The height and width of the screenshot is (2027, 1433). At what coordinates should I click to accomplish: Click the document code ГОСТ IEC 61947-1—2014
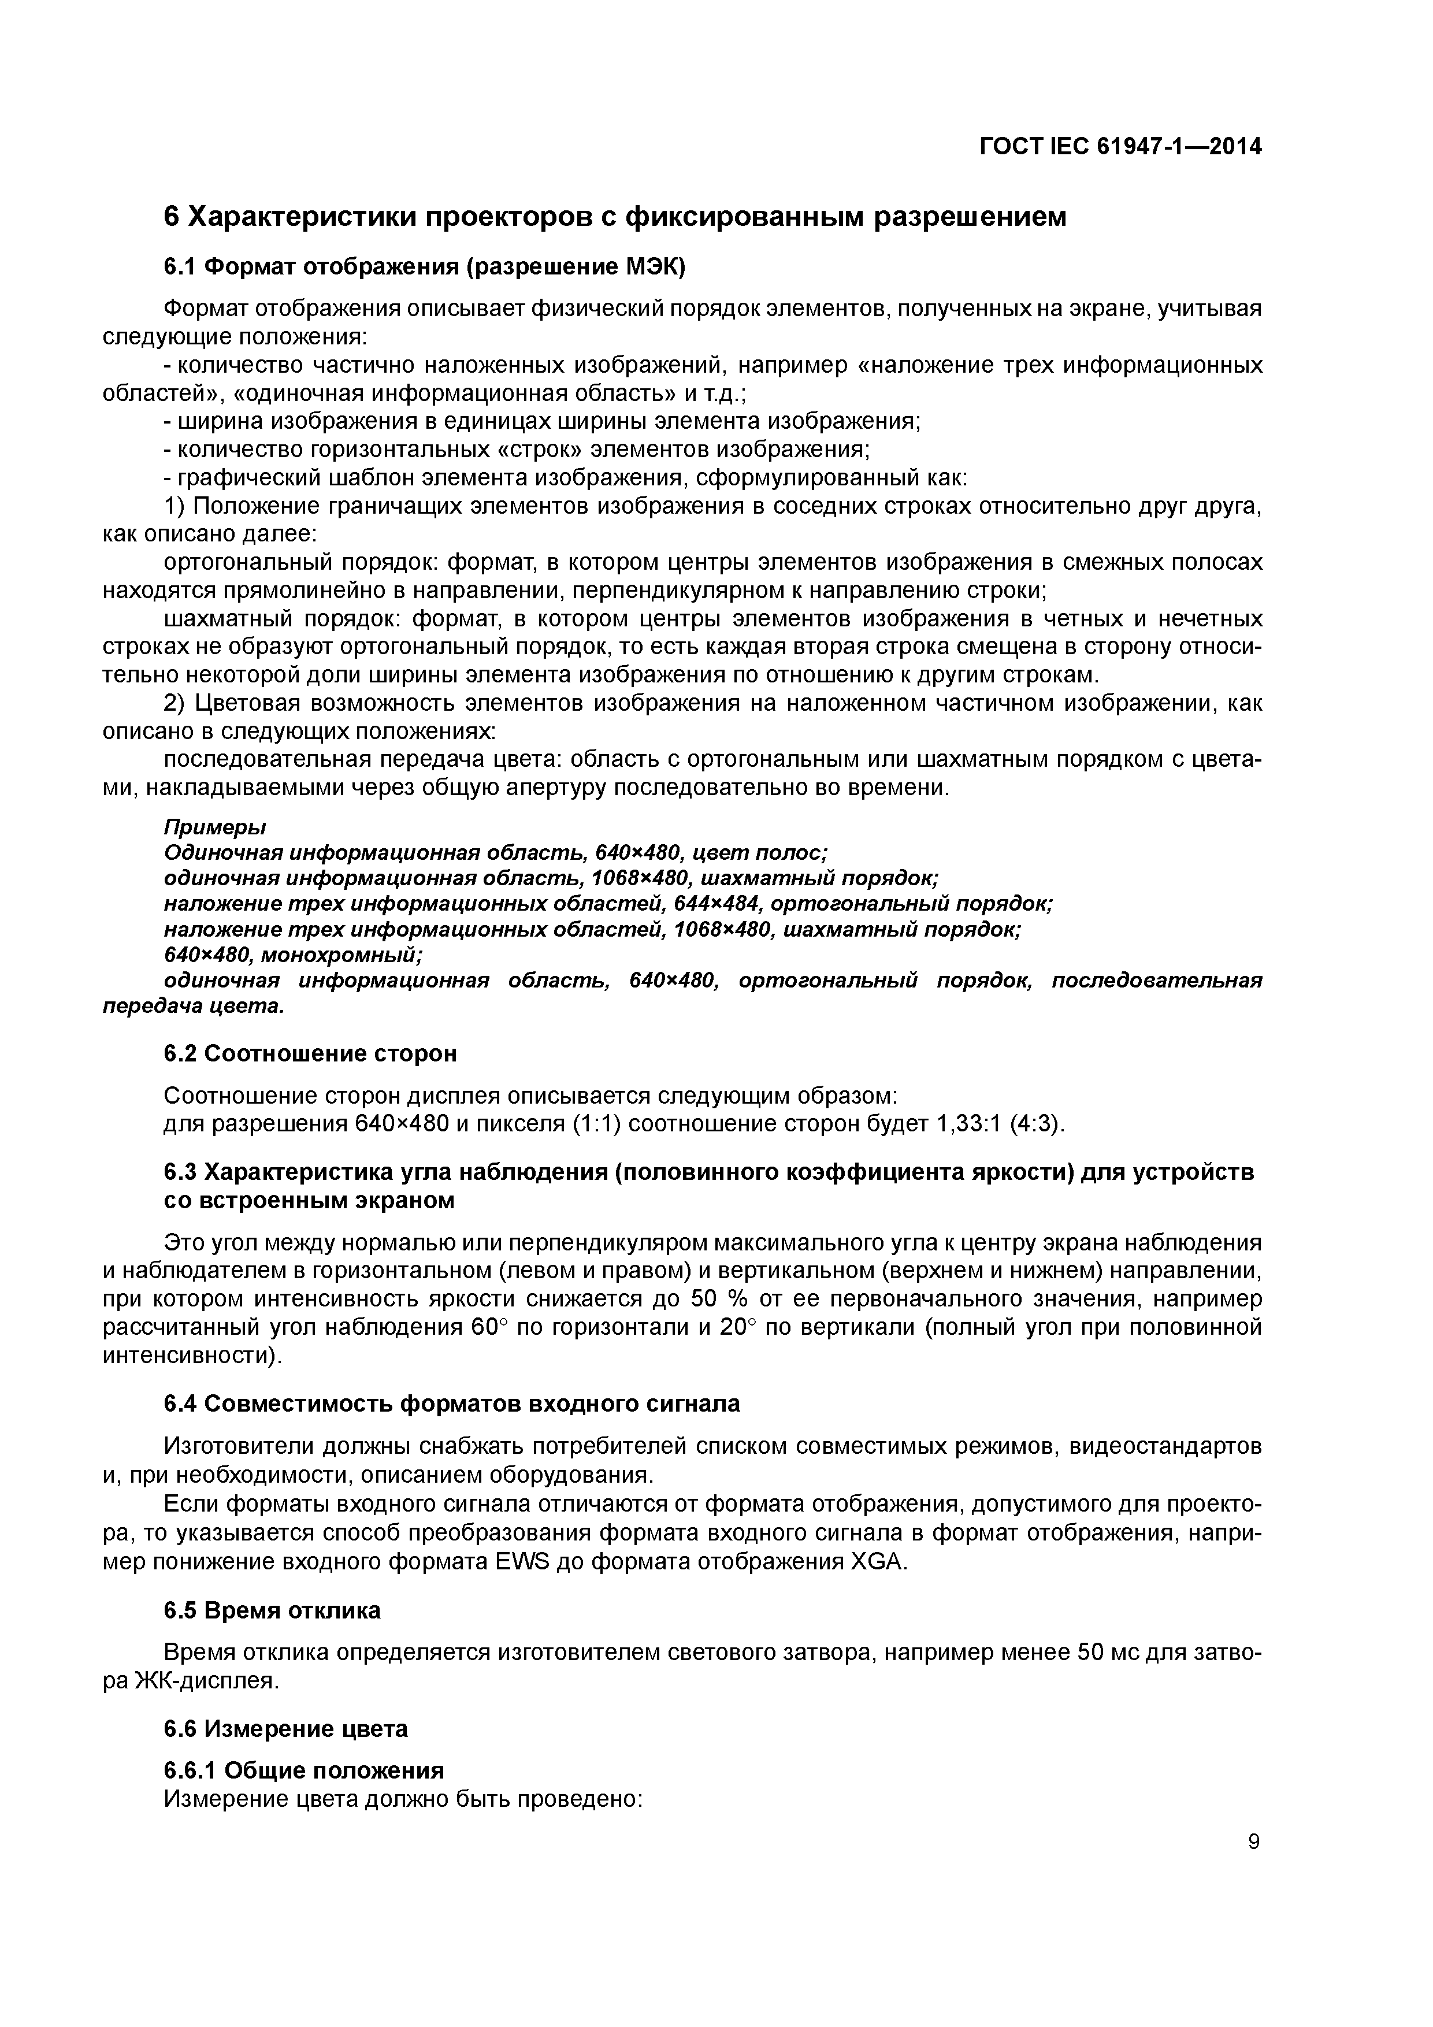pyautogui.click(x=1120, y=147)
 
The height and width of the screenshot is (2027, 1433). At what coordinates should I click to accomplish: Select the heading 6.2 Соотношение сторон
pyautogui.click(x=311, y=1053)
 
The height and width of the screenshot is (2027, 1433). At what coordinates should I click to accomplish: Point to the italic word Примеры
pyautogui.click(x=214, y=827)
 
